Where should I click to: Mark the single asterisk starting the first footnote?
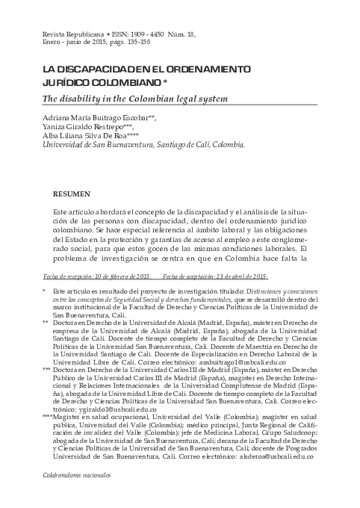45,291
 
